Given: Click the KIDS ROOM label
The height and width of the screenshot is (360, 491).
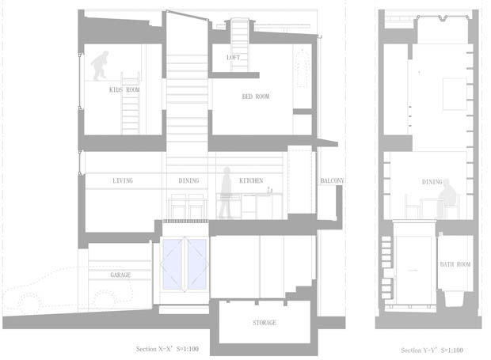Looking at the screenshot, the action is coord(124,89).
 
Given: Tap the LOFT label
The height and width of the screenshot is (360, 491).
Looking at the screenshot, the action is coord(234,57).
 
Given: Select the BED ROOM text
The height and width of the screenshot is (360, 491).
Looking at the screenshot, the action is coord(256,97).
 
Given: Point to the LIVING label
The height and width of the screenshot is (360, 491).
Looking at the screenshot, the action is coord(123,180).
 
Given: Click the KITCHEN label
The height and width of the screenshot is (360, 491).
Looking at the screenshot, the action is coord(251,180).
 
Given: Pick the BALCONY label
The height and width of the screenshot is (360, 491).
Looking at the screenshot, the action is coord(332,180).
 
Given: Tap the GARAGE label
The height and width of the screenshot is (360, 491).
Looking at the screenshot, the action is coord(120,275).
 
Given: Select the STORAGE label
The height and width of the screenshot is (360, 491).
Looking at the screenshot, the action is coord(265,323).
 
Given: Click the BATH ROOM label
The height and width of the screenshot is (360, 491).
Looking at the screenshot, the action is coord(455,264).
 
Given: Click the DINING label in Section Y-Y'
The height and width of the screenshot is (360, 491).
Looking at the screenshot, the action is coord(432,182).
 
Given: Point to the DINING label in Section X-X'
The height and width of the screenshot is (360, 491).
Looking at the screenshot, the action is coord(188,180).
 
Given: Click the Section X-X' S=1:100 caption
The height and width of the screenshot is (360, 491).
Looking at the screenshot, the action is coord(167,349).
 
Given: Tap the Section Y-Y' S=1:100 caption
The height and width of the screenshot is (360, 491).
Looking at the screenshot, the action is coord(432,350).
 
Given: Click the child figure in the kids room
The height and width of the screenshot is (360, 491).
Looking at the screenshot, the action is coord(101,66).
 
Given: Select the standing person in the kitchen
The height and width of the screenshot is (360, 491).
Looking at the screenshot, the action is coord(225,192).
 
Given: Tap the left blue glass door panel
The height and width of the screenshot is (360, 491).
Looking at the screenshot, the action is coord(173,264).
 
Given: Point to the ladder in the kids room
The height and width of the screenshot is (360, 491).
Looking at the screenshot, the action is coord(130,103).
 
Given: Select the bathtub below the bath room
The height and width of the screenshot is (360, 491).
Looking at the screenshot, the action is coord(454,299).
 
